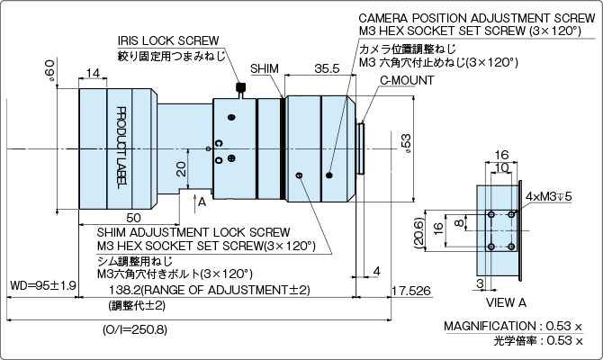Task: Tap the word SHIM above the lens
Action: [265, 68]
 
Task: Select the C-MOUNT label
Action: [407, 80]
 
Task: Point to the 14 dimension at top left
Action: [93, 72]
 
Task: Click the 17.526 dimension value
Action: [412, 290]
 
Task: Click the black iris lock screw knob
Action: [240, 87]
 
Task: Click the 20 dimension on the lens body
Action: [181, 168]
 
